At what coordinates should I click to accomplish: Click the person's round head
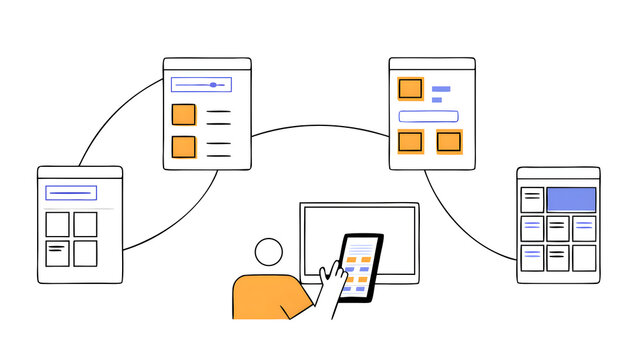pos(269,252)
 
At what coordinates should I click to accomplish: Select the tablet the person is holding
pos(359,265)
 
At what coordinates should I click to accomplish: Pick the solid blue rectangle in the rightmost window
pos(571,199)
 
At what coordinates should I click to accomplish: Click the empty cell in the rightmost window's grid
pos(583,257)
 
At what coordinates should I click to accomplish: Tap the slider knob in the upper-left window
pos(213,86)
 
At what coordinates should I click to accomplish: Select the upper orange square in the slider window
pos(183,114)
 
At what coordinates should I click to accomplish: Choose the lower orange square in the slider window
pos(183,147)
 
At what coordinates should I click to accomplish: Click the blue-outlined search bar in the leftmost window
pos(71,192)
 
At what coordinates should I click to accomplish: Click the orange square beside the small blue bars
pos(410,88)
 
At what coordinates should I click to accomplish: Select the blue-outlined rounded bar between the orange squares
pos(428,117)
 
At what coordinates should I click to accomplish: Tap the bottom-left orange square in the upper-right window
pos(410,141)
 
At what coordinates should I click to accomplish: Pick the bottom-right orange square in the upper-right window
pos(449,141)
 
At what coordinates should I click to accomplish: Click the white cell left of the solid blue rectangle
pos(533,199)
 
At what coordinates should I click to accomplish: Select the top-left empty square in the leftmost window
pos(57,224)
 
